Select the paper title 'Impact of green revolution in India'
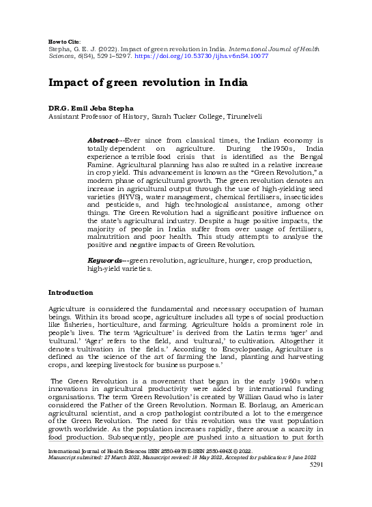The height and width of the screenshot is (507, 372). (147, 83)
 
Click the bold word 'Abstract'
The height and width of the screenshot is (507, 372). (102, 140)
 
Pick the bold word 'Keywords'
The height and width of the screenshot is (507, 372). (105, 261)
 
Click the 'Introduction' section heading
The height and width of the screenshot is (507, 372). (70, 292)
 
